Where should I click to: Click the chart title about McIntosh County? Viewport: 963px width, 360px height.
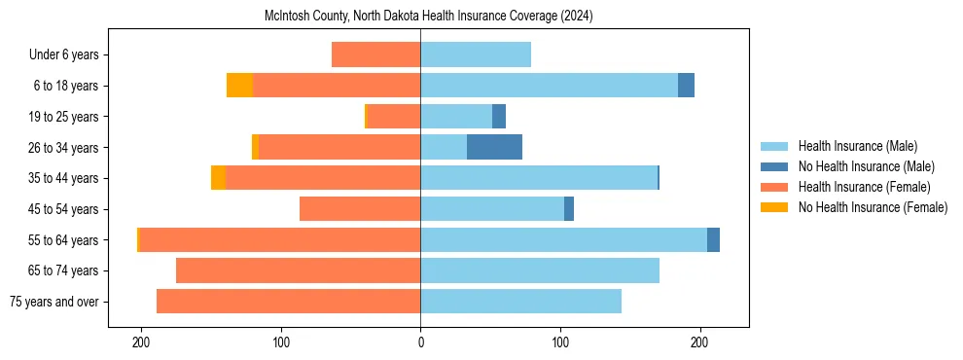coord(428,17)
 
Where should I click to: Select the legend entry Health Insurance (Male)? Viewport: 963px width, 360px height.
coord(857,146)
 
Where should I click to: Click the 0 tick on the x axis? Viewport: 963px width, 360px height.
coord(420,343)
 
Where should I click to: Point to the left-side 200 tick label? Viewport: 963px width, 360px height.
coord(141,343)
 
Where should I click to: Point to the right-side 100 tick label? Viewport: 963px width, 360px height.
coord(560,343)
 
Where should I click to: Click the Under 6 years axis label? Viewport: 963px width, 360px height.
coord(63,55)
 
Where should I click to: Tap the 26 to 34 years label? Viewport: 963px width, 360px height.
coord(64,148)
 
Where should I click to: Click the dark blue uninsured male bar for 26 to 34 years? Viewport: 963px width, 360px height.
coord(494,147)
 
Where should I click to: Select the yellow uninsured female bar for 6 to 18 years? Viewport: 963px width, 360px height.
coord(239,86)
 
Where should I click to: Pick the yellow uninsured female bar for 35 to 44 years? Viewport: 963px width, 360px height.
coord(218,178)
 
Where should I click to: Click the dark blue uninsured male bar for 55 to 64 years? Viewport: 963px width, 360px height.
coord(713,239)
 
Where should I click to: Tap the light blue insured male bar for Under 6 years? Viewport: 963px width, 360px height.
coord(476,54)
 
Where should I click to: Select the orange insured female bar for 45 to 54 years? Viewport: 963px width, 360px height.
coord(360,209)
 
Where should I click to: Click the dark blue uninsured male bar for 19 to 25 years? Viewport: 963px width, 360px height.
coord(499,117)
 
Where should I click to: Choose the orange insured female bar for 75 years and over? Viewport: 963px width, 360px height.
coord(288,302)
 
